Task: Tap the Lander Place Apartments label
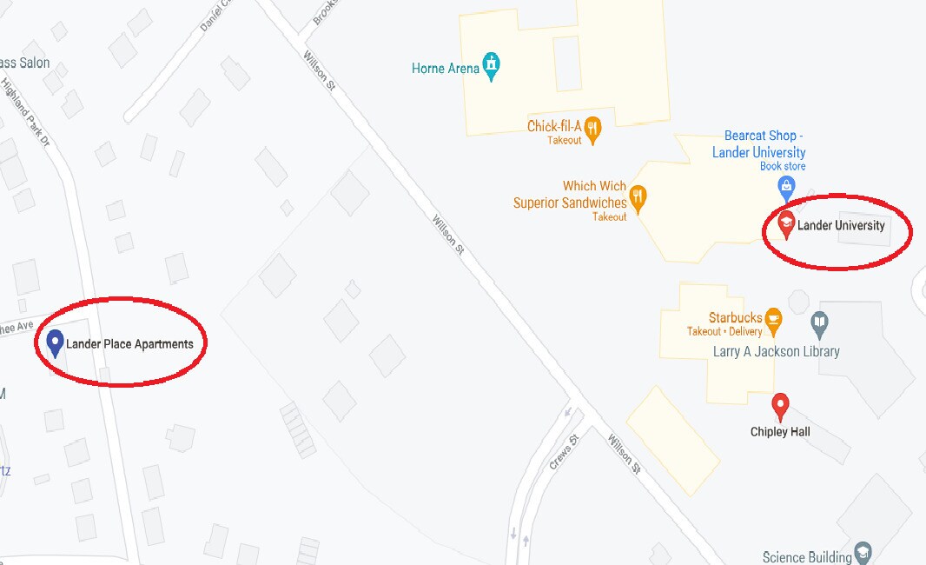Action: pos(129,344)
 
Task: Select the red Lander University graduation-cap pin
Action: pos(786,223)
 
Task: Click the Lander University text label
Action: pos(841,226)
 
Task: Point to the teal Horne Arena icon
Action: pos(493,66)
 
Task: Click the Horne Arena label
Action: pos(446,68)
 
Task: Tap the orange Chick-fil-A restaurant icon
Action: pos(593,129)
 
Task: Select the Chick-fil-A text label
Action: pos(553,126)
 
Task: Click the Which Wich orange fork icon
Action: pos(638,197)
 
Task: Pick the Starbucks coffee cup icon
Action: pos(773,319)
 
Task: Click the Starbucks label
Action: pos(735,318)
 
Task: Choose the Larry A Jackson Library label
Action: pos(776,352)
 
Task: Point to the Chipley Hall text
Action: pos(780,432)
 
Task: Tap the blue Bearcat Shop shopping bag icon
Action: pos(786,185)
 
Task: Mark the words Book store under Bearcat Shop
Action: pos(783,166)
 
